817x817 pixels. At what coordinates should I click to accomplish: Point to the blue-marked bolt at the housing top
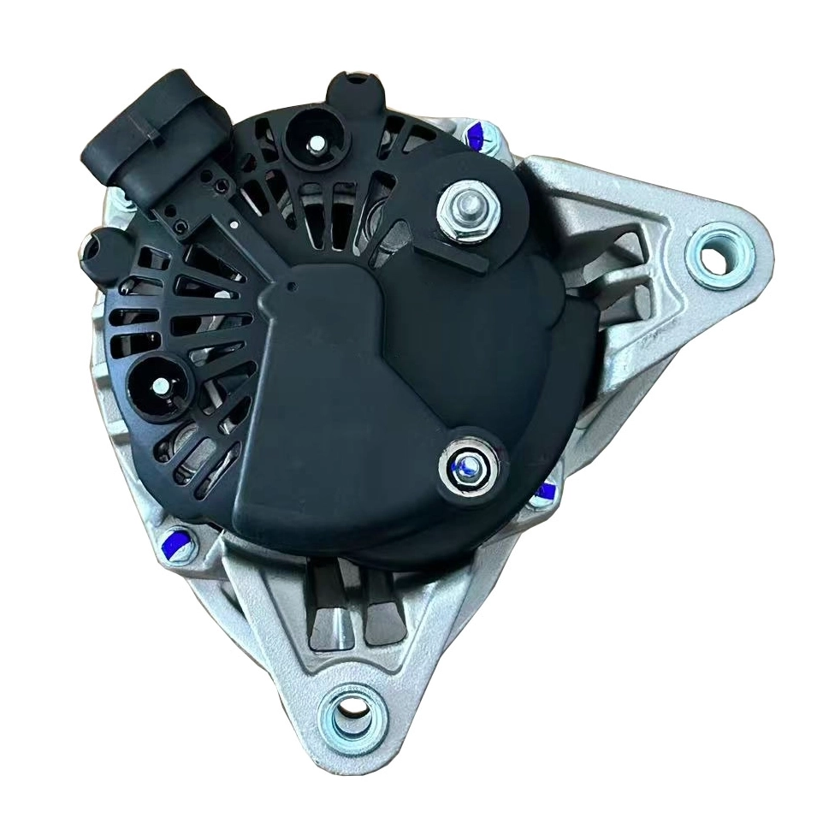coord(479,133)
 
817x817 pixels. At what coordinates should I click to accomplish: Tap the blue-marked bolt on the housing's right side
coord(544,493)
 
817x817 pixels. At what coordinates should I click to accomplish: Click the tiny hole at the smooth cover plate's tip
coord(293,283)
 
